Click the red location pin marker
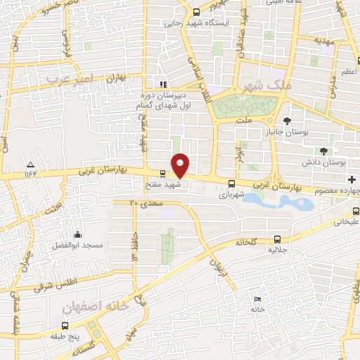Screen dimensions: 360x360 (181, 164)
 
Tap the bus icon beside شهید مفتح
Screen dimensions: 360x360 (162, 173)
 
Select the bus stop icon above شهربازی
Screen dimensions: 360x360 (231, 184)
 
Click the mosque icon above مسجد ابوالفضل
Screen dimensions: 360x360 (77, 234)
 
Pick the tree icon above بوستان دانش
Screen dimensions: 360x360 (323, 150)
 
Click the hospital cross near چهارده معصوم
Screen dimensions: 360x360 (352, 179)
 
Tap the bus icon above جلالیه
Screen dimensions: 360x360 (278, 239)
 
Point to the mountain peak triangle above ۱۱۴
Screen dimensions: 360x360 (30, 162)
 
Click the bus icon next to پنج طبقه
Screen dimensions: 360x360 (65, 326)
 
